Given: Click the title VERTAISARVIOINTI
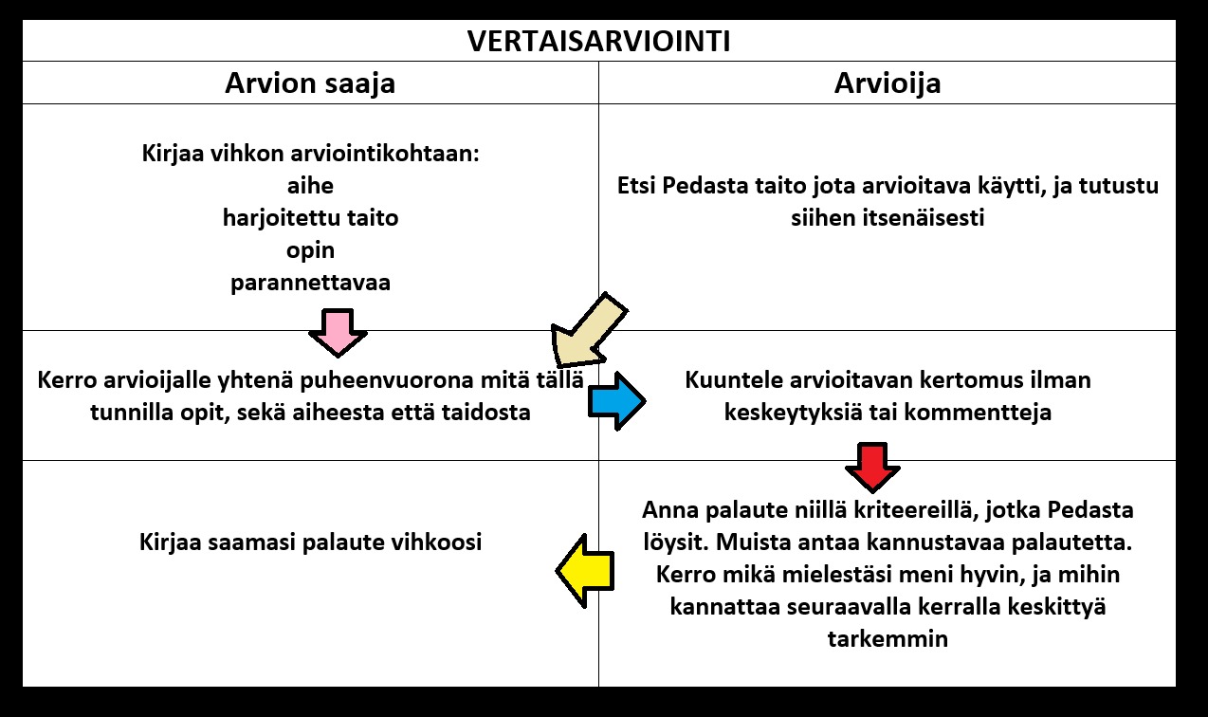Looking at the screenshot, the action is click(x=598, y=42).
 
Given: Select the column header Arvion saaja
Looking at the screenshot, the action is click(x=310, y=83).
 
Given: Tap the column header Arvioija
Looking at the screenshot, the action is click(x=888, y=83).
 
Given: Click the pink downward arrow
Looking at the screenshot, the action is click(x=339, y=333).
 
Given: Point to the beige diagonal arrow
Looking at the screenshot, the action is click(x=590, y=330).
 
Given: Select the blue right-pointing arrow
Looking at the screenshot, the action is click(x=617, y=401).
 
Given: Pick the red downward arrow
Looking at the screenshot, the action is click(x=872, y=468).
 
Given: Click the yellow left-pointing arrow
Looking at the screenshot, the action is click(x=585, y=571).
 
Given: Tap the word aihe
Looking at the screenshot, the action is click(x=310, y=186).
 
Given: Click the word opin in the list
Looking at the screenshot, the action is click(x=310, y=251).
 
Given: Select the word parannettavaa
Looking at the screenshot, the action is click(x=310, y=284).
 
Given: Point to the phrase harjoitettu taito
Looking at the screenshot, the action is click(x=310, y=218).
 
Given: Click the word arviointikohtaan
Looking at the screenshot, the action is click(x=385, y=154).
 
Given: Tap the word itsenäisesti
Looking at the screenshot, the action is click(x=888, y=218).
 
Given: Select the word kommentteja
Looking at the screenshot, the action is click(x=978, y=413).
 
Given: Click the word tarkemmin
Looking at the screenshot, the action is click(x=888, y=639).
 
